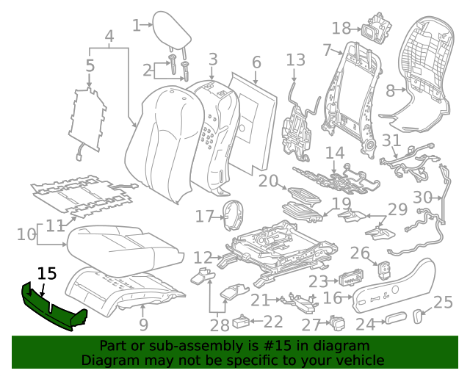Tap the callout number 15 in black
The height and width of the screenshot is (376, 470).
[x=47, y=274]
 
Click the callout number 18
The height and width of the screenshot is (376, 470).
[x=341, y=29]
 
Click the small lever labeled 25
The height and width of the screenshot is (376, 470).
[x=420, y=316]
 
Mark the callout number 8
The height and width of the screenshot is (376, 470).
[x=391, y=92]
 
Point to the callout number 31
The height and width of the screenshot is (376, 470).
[x=392, y=141]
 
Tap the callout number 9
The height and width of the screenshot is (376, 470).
[x=143, y=323]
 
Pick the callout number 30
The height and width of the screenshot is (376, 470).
[x=423, y=197]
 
